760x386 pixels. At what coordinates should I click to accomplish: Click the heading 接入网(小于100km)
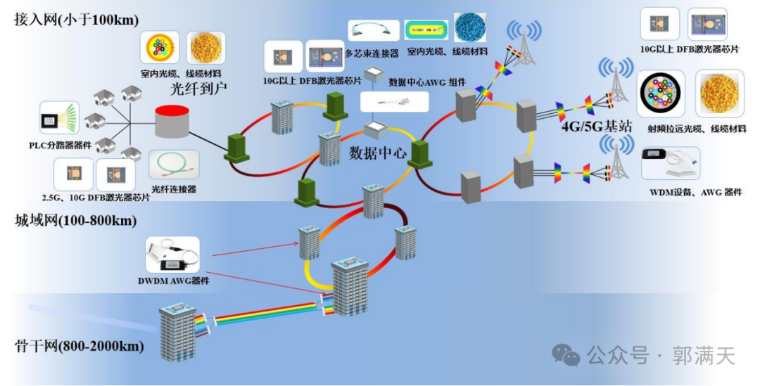[x=76, y=20]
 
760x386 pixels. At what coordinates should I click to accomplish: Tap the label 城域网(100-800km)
[x=76, y=221]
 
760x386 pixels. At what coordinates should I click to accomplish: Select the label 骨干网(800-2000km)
[x=80, y=347]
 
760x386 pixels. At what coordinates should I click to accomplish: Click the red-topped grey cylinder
[x=172, y=120]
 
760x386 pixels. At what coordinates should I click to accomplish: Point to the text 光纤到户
[x=198, y=89]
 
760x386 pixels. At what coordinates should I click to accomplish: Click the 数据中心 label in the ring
[x=378, y=153]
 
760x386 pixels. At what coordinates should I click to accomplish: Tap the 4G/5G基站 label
[x=597, y=127]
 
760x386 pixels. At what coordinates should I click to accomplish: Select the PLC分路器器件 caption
[x=60, y=145]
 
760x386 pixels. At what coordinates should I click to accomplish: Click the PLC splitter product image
[x=59, y=117]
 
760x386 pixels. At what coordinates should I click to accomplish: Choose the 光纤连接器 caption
[x=174, y=189]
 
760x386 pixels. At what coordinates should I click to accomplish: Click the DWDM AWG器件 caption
[x=174, y=281]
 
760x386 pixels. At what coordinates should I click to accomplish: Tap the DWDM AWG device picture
[x=172, y=255]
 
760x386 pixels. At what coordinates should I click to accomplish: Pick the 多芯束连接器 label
[x=372, y=53]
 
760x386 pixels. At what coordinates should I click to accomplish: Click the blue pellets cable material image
[x=469, y=27]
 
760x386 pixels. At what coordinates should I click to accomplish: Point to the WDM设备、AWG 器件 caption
[x=695, y=192]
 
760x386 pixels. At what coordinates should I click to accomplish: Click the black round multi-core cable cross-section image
[x=661, y=94]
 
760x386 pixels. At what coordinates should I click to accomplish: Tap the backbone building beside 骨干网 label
[x=177, y=332]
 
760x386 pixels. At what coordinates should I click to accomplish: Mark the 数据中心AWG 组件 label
[x=427, y=82]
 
